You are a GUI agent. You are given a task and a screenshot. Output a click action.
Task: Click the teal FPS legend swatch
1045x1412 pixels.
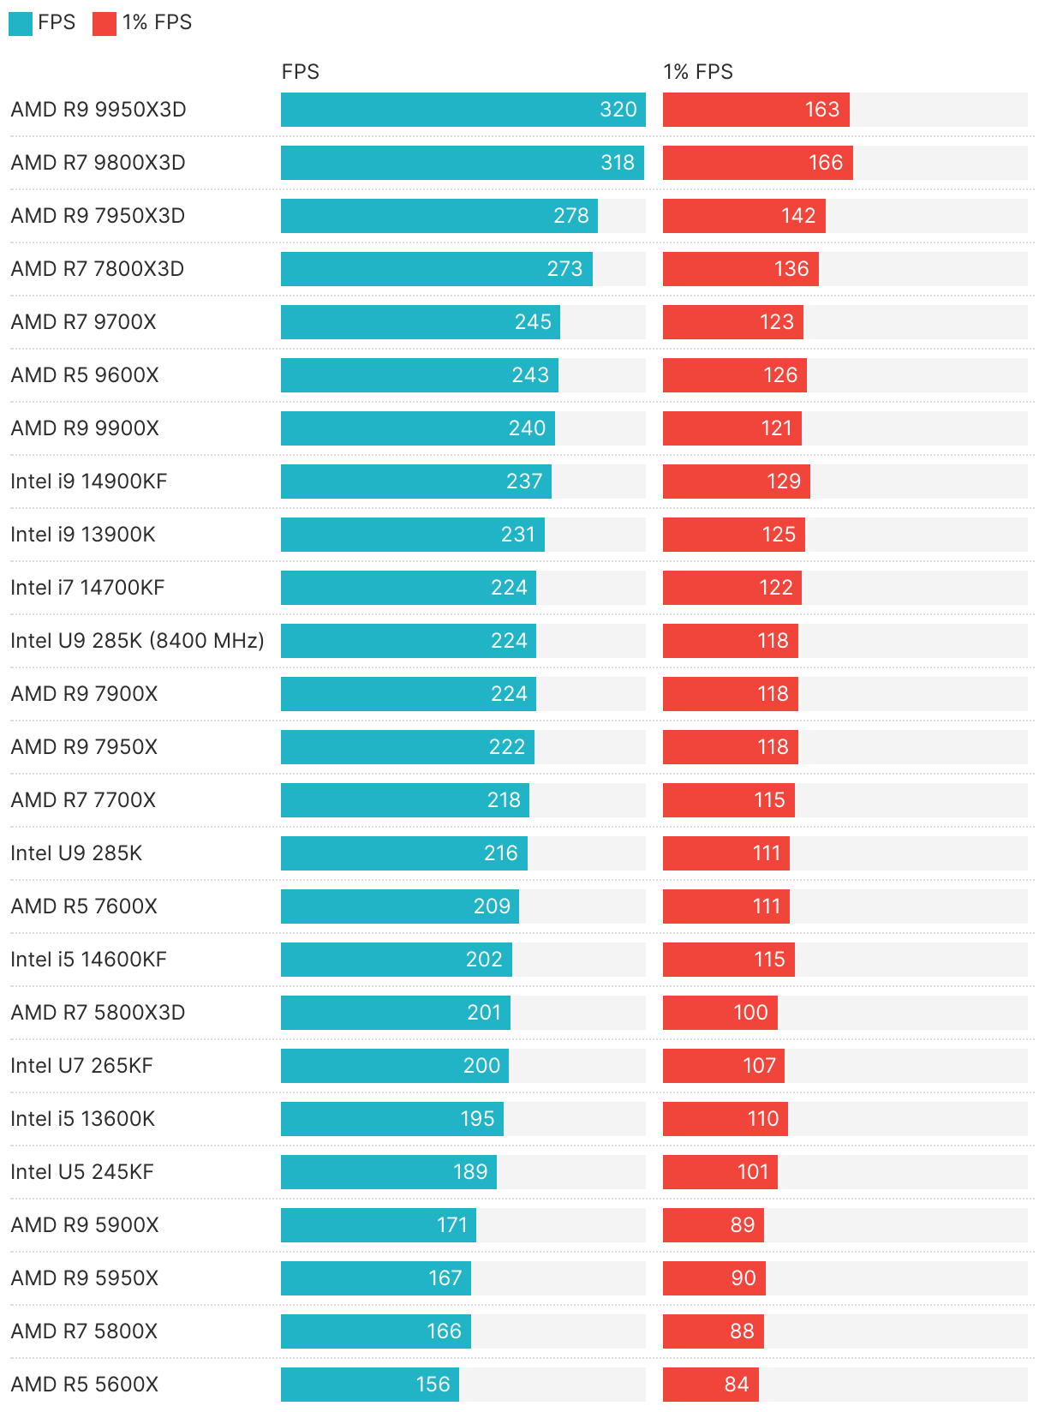(x=21, y=23)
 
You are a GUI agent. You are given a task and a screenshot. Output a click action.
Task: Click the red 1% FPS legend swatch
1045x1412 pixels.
(x=104, y=23)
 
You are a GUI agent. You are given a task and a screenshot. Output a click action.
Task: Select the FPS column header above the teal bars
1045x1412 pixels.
(x=300, y=72)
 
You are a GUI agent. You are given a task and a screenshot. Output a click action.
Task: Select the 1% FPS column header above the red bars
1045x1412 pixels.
(x=697, y=72)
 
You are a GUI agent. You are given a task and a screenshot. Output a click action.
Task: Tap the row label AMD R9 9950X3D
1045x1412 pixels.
(x=99, y=110)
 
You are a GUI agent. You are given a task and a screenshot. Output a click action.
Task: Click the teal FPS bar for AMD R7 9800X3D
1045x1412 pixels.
(x=462, y=163)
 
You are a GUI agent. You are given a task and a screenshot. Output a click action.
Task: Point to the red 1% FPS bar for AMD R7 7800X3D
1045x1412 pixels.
(x=740, y=269)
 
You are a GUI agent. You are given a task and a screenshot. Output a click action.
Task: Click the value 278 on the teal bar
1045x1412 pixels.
(x=570, y=216)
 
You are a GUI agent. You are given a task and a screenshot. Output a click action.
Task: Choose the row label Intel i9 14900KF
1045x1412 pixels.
(x=88, y=482)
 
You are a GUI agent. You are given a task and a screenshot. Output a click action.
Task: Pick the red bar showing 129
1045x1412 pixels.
(x=736, y=482)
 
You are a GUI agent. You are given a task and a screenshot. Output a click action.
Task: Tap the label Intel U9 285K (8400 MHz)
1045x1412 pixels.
(x=137, y=641)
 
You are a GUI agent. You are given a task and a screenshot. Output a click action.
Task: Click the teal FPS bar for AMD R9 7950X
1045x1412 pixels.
(x=407, y=747)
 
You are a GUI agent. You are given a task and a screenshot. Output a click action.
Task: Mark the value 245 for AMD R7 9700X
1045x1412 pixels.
(x=533, y=322)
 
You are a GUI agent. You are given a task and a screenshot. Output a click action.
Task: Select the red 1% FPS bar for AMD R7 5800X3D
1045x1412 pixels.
(x=720, y=1013)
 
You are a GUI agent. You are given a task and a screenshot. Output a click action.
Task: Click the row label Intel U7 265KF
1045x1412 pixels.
(x=81, y=1066)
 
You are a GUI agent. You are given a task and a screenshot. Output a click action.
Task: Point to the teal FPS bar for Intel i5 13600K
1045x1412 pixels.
(x=391, y=1119)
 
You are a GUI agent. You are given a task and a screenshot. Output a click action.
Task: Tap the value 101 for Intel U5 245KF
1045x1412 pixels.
(x=753, y=1172)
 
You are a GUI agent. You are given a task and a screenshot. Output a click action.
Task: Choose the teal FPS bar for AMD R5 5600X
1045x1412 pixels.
(x=369, y=1385)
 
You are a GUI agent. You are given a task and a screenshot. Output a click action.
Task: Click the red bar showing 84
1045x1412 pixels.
(x=710, y=1385)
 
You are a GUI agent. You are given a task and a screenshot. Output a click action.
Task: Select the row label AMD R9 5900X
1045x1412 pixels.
(x=85, y=1225)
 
